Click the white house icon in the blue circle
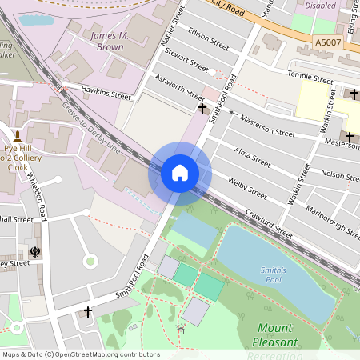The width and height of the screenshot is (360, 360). (x=180, y=173)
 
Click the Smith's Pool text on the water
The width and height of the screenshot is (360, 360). (x=274, y=275)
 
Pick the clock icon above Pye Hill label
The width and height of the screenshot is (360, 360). (x=17, y=135)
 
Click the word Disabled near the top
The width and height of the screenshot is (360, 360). (x=320, y=4)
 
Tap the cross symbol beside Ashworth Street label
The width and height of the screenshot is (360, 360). (x=202, y=106)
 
